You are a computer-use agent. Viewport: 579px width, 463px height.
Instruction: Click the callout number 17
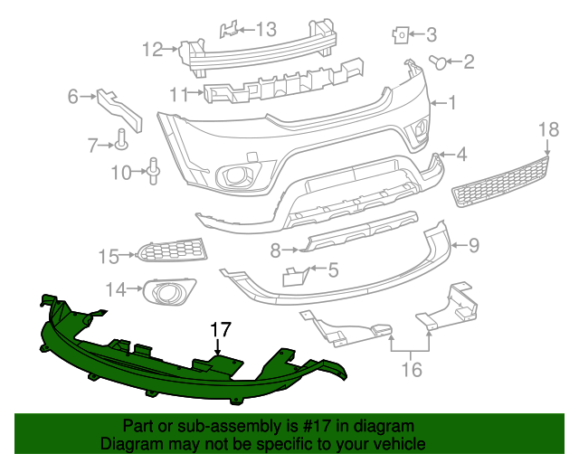point(222,330)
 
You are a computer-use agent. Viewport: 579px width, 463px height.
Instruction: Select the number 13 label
point(265,30)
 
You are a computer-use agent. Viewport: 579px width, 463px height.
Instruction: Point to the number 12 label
point(152,49)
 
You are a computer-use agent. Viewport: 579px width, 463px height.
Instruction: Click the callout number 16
point(412,369)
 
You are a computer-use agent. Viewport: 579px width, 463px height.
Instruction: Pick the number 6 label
point(73,94)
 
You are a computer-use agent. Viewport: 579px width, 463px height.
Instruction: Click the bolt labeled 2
point(439,62)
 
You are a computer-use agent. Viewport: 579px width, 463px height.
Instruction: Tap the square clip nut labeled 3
point(399,35)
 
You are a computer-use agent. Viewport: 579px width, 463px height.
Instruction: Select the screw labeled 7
point(121,139)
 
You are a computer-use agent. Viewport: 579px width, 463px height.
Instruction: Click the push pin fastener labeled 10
point(153,170)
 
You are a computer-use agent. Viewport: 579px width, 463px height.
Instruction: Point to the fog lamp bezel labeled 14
point(169,291)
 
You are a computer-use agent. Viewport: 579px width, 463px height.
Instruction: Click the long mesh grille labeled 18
point(501,181)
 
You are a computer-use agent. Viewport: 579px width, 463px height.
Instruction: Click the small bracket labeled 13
point(230,30)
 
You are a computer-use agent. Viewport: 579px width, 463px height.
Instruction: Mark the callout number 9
point(473,244)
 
